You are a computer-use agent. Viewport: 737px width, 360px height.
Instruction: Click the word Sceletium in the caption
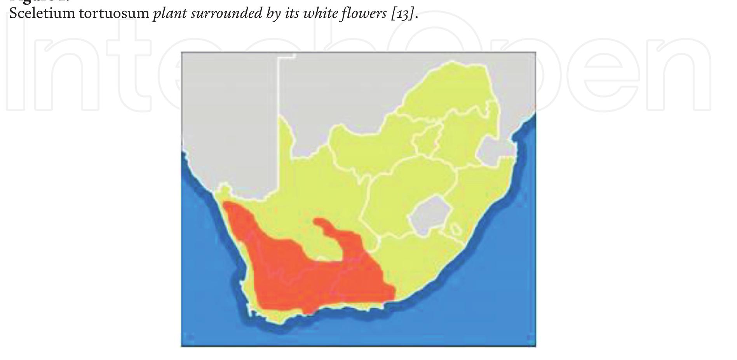pyautogui.click(x=42, y=13)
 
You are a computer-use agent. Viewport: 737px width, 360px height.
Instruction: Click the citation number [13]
pyautogui.click(x=403, y=14)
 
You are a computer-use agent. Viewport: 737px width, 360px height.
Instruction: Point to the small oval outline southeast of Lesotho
pyautogui.click(x=455, y=229)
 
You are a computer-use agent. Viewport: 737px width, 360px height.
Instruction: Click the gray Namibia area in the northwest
pyautogui.click(x=229, y=117)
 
